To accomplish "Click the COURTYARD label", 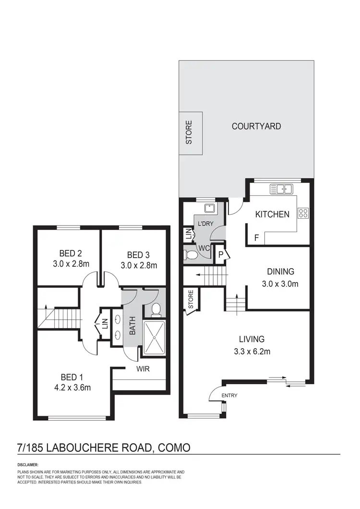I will pos(256,127).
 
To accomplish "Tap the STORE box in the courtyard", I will pos(190,133).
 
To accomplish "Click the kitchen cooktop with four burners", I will pos(303,213).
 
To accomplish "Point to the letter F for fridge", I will pos(256,237).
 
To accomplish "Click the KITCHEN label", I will pos(272,214).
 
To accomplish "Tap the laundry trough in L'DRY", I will pos(209,208).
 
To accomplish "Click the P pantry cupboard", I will pos(221,254).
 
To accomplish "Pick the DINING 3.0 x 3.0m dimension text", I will pos(281,284).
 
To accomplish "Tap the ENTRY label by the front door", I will pos(229,395).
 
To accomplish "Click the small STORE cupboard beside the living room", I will pos(190,301).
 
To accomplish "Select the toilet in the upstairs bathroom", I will pos(155,310).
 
